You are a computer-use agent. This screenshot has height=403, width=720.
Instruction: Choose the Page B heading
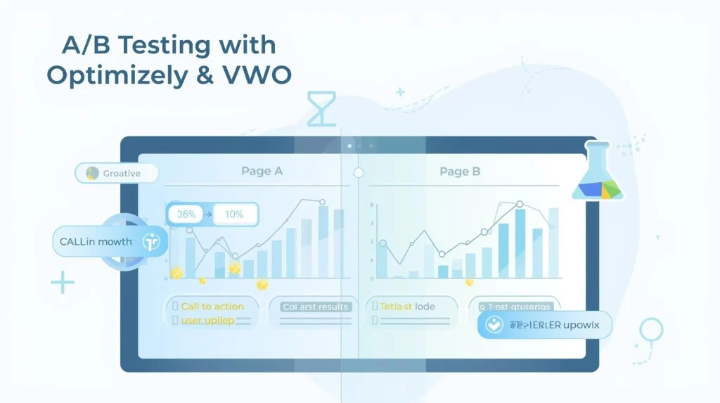[x=460, y=171]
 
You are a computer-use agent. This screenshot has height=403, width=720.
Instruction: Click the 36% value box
[x=186, y=215]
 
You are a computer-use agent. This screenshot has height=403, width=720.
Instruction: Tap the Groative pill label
[x=117, y=173]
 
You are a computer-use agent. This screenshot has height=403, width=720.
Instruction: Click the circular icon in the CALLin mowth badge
[x=151, y=241]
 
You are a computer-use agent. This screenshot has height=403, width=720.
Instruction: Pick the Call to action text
[x=212, y=307]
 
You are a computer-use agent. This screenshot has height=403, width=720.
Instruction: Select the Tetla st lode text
[x=407, y=307]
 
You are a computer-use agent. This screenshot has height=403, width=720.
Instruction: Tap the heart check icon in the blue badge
[x=495, y=325]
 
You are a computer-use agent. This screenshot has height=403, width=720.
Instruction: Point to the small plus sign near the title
[x=400, y=92]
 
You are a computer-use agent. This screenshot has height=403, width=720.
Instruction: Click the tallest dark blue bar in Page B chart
[x=520, y=243]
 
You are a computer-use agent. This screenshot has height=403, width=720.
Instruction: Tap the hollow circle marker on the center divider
[x=358, y=172]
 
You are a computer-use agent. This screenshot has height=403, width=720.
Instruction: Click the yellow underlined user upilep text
[x=208, y=320]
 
